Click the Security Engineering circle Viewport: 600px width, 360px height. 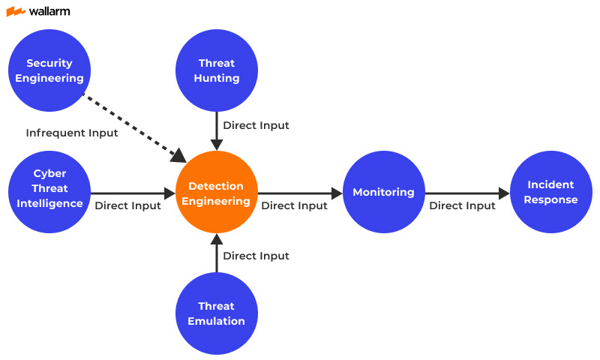point(49,70)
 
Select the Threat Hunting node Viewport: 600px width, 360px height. point(217,70)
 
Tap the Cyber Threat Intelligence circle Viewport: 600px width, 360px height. point(49,189)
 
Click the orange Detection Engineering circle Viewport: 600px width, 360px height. point(217,193)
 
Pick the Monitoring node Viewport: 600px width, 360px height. point(383,193)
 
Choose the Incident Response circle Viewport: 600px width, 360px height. point(551,193)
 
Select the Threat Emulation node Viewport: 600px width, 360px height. point(217,313)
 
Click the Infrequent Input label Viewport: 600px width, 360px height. point(72,133)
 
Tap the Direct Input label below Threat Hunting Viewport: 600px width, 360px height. point(256,125)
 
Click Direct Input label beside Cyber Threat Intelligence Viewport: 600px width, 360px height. point(127,205)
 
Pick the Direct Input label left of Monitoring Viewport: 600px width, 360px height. point(294,205)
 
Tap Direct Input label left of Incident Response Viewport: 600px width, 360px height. point(462,205)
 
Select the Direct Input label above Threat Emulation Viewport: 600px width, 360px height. point(256,256)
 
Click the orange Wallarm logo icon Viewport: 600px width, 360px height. point(16,11)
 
